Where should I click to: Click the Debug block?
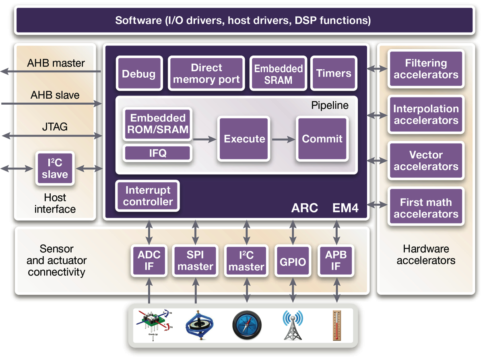139,74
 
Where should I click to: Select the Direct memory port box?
206,74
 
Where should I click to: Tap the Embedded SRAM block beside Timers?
278,74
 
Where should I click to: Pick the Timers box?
334,74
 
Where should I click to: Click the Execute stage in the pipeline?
244,139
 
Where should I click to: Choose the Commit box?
322,139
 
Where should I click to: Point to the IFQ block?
157,153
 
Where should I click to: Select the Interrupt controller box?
148,196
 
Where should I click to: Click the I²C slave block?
55,168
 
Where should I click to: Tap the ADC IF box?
149,260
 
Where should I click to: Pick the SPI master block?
196,260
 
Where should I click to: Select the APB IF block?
336,260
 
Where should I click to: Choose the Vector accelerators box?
426,161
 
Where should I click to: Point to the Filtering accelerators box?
426,69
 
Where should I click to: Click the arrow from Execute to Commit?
283,139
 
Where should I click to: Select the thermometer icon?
336,325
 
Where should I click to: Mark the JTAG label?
55,127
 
